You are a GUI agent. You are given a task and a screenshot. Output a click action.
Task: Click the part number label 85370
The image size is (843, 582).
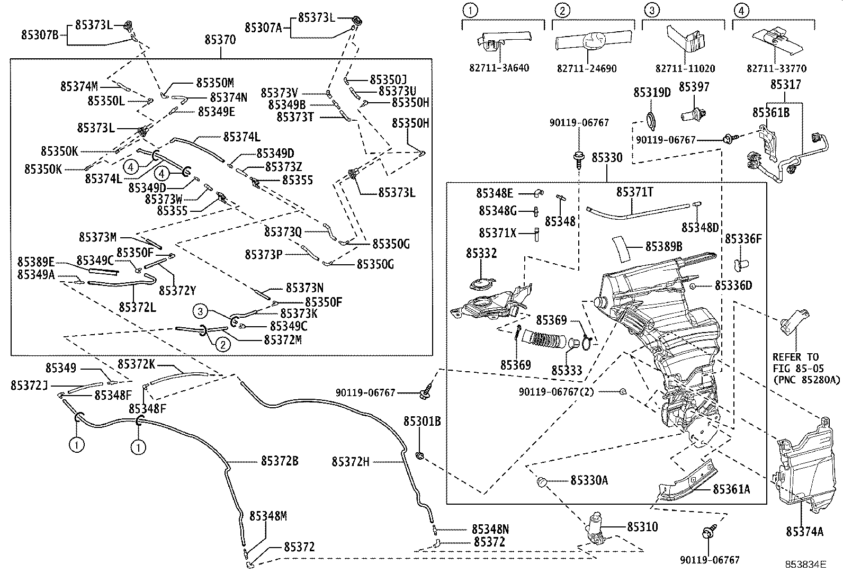click(220, 40)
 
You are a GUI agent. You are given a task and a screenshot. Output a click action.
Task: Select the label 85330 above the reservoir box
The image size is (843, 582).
click(607, 158)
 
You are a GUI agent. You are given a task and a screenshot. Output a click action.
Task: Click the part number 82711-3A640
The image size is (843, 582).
click(499, 68)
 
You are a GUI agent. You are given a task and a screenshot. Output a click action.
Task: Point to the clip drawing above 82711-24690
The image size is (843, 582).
click(593, 41)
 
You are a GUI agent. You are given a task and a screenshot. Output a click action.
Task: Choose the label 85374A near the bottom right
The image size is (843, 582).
click(804, 532)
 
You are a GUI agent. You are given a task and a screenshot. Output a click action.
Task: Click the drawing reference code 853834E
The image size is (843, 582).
click(805, 565)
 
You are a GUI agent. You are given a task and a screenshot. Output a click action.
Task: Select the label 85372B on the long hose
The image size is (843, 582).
click(279, 461)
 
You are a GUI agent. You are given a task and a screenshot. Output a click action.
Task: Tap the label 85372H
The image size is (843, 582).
click(351, 462)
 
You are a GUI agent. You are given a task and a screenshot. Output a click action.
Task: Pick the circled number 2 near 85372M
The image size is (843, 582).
click(223, 344)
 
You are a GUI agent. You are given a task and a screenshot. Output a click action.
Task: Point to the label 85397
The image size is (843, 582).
click(694, 86)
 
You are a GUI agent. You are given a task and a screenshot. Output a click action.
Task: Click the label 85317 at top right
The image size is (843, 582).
click(785, 84)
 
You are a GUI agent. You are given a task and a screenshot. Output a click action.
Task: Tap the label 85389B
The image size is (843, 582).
click(663, 246)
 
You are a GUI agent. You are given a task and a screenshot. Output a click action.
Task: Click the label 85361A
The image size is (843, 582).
click(731, 489)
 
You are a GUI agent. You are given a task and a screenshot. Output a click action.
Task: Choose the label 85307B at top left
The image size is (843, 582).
click(40, 34)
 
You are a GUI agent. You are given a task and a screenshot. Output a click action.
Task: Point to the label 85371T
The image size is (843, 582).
click(634, 192)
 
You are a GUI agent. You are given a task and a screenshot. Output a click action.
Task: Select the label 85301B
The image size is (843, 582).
click(422, 422)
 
